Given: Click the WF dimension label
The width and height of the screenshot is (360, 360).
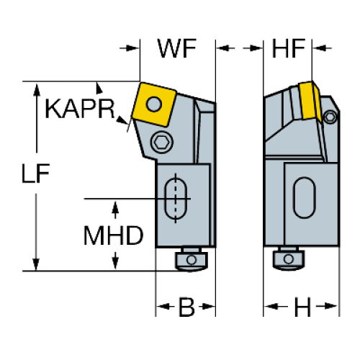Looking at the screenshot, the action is pyautogui.click(x=177, y=48).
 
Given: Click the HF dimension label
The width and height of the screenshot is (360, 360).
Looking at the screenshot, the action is pyautogui.click(x=289, y=48).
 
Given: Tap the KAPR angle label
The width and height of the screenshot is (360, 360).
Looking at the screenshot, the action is pyautogui.click(x=80, y=109).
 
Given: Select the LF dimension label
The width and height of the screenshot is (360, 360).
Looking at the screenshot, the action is pyautogui.click(x=36, y=173).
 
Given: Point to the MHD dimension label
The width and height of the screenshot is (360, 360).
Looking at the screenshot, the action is pyautogui.click(x=113, y=235).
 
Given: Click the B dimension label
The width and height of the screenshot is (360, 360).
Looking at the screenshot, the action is pyautogui.click(x=186, y=307).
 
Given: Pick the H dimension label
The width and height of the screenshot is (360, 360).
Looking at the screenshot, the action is pyautogui.click(x=302, y=307).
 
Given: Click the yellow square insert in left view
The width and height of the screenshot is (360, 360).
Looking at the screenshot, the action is pyautogui.click(x=154, y=104).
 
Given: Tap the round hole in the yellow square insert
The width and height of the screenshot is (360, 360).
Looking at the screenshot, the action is pyautogui.click(x=154, y=104).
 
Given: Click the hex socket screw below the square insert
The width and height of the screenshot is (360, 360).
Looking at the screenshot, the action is pyautogui.click(x=162, y=143).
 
